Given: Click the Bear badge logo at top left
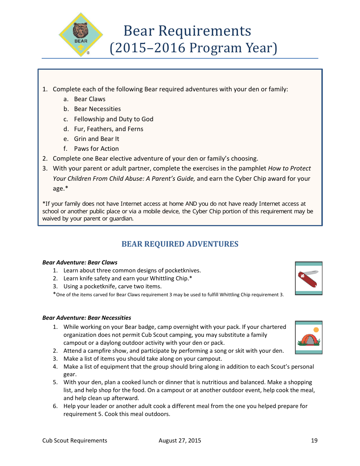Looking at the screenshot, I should click(x=81, y=35).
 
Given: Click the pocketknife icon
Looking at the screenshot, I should click(x=308, y=278).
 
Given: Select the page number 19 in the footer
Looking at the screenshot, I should click(x=314, y=440).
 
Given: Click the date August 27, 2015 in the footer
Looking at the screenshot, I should click(x=180, y=440).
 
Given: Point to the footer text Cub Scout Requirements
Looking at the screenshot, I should click(x=75, y=440).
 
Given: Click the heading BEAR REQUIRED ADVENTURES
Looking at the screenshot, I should click(x=180, y=244).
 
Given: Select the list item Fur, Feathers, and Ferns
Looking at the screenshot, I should click(x=108, y=129).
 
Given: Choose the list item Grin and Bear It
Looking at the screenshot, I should click(x=96, y=139).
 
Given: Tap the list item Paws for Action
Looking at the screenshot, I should click(x=96, y=149).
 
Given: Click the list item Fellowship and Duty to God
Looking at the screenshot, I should click(x=113, y=119).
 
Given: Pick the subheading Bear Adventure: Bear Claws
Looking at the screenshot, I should click(x=80, y=262).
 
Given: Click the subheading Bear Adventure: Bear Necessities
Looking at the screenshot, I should click(x=87, y=317).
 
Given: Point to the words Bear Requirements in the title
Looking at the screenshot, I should click(x=187, y=31).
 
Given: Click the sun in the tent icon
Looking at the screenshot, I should click(x=316, y=330).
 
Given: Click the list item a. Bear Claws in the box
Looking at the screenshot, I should click(x=89, y=99).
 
